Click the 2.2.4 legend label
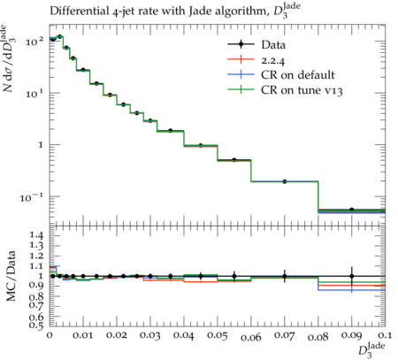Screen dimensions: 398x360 (x=273, y=60)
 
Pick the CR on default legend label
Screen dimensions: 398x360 (x=298, y=75)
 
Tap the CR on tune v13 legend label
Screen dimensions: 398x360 (x=302, y=90)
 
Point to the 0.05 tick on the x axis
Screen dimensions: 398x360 (x=218, y=335)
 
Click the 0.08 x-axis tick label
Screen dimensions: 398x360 (x=318, y=336)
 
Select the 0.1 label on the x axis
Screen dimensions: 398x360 (x=384, y=335)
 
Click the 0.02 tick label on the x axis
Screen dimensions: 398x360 (x=117, y=335)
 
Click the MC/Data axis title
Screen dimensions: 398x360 (x=11, y=276)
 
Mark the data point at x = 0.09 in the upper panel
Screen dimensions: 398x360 (x=351, y=210)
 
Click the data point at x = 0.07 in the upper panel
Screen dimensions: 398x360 (x=285, y=181)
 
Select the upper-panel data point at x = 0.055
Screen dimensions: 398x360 (x=234, y=160)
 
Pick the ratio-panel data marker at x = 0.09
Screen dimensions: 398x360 (x=351, y=276)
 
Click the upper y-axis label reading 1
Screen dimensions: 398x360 (x=41, y=145)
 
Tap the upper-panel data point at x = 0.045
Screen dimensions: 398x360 (x=201, y=145)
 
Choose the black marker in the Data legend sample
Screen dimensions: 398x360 (x=241, y=44)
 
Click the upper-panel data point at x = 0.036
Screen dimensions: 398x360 (x=171, y=131)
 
